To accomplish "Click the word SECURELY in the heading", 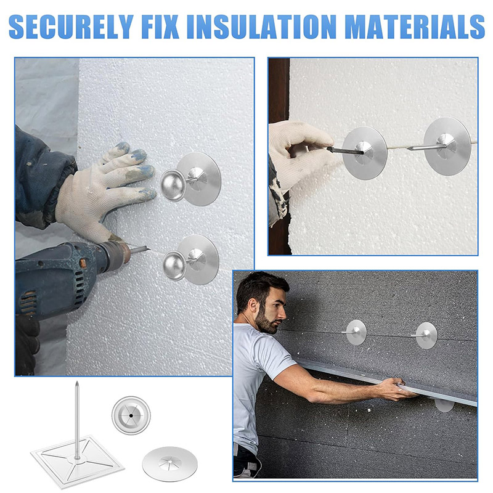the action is [71, 26].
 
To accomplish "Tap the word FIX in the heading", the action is [160, 26].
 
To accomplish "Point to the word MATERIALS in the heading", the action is [414, 26].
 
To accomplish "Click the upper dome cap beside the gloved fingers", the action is [173, 185].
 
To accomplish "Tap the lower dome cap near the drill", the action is [175, 266].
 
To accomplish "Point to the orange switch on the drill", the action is [83, 263].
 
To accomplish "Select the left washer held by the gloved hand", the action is [365, 153].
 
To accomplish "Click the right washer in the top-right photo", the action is [447, 146].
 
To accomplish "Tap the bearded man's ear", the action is [252, 306].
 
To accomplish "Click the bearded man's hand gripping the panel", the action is [394, 389].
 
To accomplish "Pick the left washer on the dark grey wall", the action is [356, 332].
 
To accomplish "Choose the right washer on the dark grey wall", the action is [426, 335].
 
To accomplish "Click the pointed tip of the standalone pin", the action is [76, 382].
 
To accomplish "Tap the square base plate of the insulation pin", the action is [78, 460].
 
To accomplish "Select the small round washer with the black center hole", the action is [131, 415].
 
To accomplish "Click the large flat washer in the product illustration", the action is [170, 464].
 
